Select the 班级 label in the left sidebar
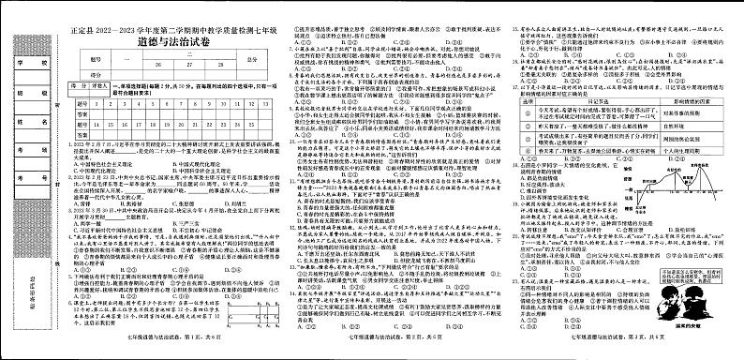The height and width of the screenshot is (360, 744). [22, 92]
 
